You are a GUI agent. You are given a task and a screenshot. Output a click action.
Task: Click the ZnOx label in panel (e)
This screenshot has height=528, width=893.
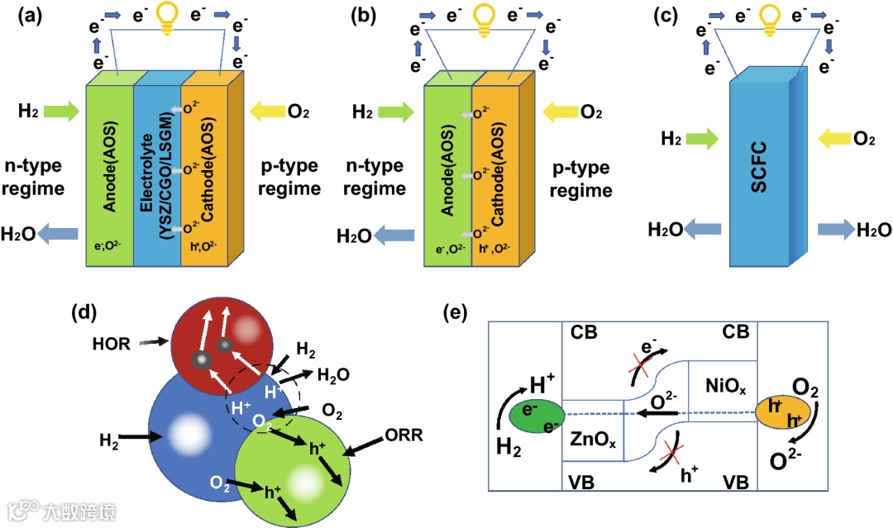click(x=593, y=440)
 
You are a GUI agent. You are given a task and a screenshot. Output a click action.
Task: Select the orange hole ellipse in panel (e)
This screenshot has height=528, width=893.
click(x=782, y=412)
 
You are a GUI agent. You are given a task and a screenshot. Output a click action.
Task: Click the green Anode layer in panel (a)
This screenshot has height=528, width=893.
click(x=109, y=174)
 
